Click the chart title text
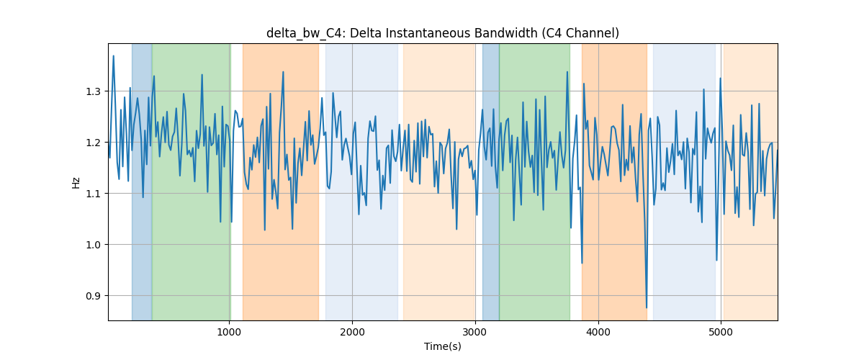(442, 34)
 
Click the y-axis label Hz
(76, 182)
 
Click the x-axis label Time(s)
(442, 346)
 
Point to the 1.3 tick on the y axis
(93, 91)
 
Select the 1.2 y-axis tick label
(93, 143)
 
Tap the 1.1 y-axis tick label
(93, 194)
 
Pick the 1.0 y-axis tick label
(93, 245)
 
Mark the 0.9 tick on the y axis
(93, 296)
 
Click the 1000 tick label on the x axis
(229, 332)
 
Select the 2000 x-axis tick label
(352, 332)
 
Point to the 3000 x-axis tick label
(475, 332)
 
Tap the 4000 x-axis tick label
(598, 332)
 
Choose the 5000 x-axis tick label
(721, 332)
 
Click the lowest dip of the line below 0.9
(647, 307)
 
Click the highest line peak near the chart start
(114, 56)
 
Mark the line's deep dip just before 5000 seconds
(716, 260)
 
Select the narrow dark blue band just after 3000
(490, 181)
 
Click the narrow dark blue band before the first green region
(142, 181)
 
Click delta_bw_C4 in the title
(304, 34)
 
